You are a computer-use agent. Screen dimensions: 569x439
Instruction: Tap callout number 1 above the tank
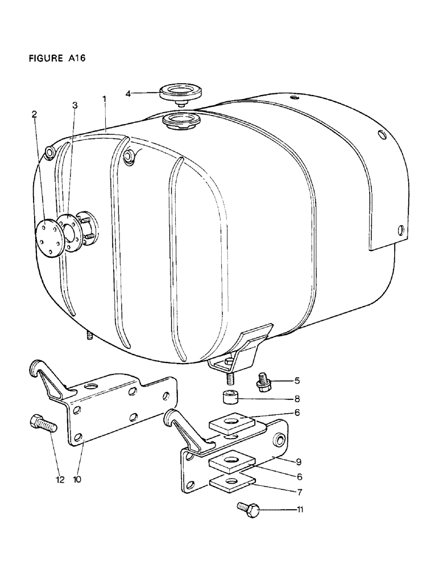pyautogui.click(x=104, y=99)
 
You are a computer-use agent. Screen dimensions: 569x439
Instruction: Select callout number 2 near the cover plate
pyautogui.click(x=34, y=114)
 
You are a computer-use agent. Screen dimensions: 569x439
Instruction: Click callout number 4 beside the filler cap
pyautogui.click(x=129, y=93)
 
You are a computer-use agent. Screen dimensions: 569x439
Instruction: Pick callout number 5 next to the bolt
pyautogui.click(x=296, y=380)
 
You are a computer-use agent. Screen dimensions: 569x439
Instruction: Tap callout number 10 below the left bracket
pyautogui.click(x=77, y=479)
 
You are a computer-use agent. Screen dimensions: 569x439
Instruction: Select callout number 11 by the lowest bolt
pyautogui.click(x=299, y=510)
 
